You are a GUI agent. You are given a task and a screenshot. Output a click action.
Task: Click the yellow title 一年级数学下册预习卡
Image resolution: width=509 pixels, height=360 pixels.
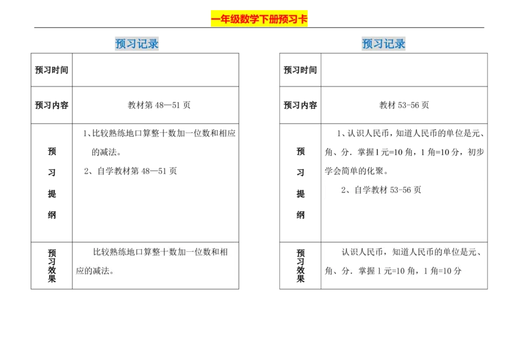coord(259,19)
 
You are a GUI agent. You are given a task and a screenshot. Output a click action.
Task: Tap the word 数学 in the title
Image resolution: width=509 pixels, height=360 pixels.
coord(242,19)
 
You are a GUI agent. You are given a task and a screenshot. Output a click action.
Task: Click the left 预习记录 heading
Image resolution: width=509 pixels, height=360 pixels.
coord(137,44)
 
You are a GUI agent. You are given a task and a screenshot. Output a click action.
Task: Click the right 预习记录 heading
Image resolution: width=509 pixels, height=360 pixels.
coord(384,44)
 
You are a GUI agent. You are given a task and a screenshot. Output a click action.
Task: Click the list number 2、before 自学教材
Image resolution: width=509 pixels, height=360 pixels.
coord(346,190)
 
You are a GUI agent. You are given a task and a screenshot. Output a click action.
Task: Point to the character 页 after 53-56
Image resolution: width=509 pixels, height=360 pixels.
coord(417,190)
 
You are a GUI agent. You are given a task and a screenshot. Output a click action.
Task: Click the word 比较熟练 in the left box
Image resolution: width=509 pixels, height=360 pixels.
coord(109,252)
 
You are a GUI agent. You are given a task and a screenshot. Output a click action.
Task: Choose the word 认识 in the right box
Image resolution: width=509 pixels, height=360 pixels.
coord(350,252)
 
